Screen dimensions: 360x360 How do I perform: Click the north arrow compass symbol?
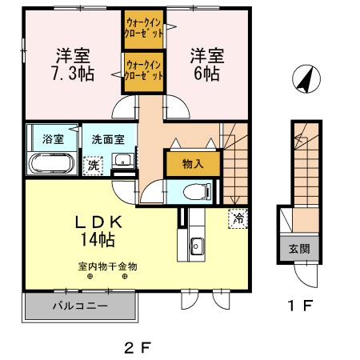[306, 79]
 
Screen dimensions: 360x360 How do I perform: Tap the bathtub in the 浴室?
[51, 164]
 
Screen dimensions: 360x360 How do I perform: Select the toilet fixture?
[198, 191]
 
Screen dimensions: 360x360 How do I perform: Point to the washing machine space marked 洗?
[93, 166]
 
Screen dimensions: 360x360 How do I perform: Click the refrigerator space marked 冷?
[238, 218]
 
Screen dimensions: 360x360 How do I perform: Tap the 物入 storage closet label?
[193, 163]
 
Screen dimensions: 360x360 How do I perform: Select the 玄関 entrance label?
[299, 249]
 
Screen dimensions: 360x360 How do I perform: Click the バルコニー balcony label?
[80, 306]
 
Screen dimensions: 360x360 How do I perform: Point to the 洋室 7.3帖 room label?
[73, 65]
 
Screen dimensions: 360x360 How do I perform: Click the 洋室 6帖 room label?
[207, 65]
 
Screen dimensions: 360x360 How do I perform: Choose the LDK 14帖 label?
[98, 231]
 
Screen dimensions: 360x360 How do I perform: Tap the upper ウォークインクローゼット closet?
[144, 30]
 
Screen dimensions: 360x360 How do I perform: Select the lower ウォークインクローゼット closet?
[144, 72]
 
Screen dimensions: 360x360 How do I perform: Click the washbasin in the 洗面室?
[123, 161]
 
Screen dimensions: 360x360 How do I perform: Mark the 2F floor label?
[138, 348]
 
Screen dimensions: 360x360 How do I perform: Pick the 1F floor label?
[300, 306]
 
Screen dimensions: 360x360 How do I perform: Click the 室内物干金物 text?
[107, 266]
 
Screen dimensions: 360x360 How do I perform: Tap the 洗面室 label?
[108, 139]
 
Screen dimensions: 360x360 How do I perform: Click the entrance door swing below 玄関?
[306, 276]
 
